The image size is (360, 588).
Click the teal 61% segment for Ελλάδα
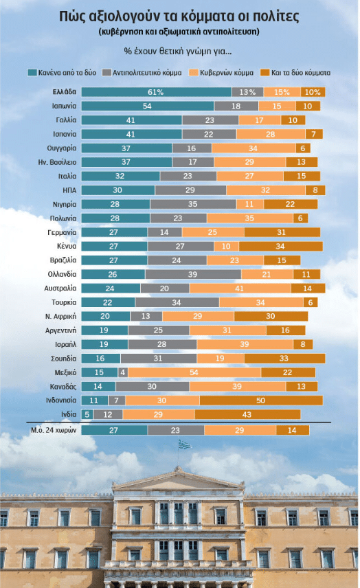tap(157, 92)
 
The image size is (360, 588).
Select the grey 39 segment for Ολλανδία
tap(193, 274)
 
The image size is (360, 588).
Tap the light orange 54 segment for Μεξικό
tap(194, 372)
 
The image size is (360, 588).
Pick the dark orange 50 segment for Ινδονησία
tap(261, 400)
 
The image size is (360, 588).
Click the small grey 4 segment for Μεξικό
tap(122, 372)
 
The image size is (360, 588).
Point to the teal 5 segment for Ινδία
tap(87, 414)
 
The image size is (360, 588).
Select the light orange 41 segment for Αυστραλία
tap(240, 289)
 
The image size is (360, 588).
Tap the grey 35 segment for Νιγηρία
tap(193, 204)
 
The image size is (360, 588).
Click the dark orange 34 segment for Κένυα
tap(281, 246)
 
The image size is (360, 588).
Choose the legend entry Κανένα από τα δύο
tap(63, 72)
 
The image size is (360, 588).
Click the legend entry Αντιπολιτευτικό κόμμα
tap(142, 72)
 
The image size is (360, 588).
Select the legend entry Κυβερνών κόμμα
tap(221, 72)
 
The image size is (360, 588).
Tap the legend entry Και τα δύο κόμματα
tap(295, 72)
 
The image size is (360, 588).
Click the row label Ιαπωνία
tap(64, 106)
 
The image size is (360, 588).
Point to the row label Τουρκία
tap(64, 302)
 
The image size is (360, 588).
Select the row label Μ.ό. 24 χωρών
tap(54, 430)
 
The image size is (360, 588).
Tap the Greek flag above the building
tap(185, 444)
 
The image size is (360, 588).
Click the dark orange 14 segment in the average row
tap(293, 430)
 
